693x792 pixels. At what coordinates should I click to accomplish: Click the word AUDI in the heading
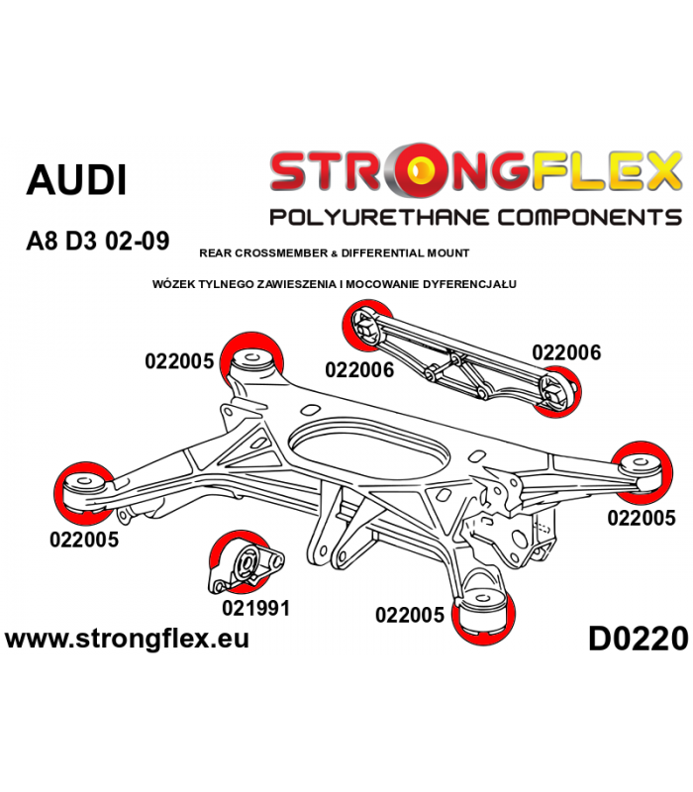[x=76, y=180]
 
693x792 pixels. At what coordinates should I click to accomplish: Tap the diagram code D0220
[x=639, y=639]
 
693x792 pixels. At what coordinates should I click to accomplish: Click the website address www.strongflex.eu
[x=128, y=639]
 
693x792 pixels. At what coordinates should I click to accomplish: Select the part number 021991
[x=256, y=608]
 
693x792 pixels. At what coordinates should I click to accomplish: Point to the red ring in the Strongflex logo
[x=414, y=170]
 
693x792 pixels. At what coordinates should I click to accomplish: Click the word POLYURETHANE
[x=380, y=218]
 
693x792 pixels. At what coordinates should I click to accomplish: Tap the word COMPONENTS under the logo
[x=590, y=218]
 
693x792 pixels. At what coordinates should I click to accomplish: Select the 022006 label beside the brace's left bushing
[x=359, y=369]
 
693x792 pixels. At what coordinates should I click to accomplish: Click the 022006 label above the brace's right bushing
[x=566, y=352]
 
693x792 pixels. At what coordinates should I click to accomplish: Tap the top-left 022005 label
[x=179, y=361]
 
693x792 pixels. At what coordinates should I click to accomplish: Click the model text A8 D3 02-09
[x=97, y=241]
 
